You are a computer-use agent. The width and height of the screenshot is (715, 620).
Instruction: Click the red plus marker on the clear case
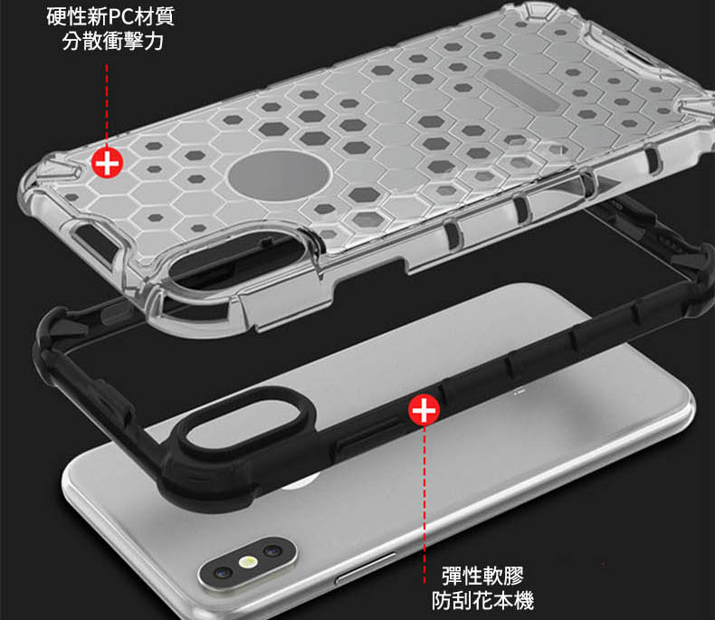[x=107, y=163]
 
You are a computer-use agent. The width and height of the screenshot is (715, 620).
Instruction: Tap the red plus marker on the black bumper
[x=424, y=410]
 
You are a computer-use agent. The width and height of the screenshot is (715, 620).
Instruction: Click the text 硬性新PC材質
[x=110, y=17]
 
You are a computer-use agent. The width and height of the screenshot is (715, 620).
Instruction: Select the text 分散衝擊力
[x=112, y=41]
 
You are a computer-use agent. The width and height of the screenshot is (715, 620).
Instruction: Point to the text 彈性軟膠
[x=483, y=576]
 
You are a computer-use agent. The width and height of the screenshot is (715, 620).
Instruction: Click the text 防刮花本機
[x=483, y=600]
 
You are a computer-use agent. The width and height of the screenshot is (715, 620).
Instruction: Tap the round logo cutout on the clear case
[x=279, y=176]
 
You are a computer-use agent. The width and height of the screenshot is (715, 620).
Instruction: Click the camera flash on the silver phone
[x=248, y=562]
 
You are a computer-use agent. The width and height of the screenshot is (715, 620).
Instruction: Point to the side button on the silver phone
[x=365, y=568]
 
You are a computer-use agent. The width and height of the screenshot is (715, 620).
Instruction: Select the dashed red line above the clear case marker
[x=107, y=105]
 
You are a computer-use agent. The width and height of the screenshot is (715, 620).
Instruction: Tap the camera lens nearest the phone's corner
[x=222, y=573]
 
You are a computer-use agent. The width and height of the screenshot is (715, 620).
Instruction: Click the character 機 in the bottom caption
[x=524, y=600]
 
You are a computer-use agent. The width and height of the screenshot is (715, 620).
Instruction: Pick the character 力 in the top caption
[x=154, y=41]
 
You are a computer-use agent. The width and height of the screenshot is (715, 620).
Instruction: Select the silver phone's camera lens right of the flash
[x=272, y=551]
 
